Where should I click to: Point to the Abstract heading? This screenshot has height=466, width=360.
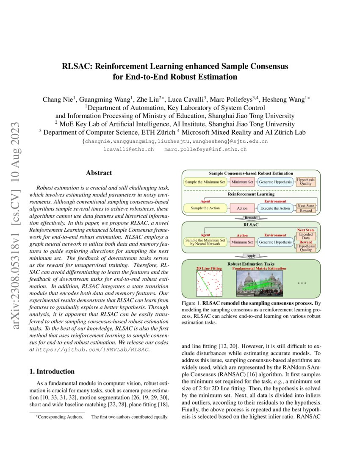99,173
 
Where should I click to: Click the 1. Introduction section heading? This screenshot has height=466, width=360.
52,372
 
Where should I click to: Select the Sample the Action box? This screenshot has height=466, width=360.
205,208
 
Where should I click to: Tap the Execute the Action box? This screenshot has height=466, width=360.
275,208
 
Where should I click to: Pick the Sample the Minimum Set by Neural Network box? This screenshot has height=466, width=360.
205,242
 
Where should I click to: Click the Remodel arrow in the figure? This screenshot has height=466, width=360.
251,218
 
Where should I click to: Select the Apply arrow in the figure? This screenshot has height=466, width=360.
251,256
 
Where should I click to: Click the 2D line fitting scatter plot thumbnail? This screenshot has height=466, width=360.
209,283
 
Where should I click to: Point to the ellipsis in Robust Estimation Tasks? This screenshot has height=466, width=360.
302,283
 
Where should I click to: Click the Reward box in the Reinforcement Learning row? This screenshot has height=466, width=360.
305,211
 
